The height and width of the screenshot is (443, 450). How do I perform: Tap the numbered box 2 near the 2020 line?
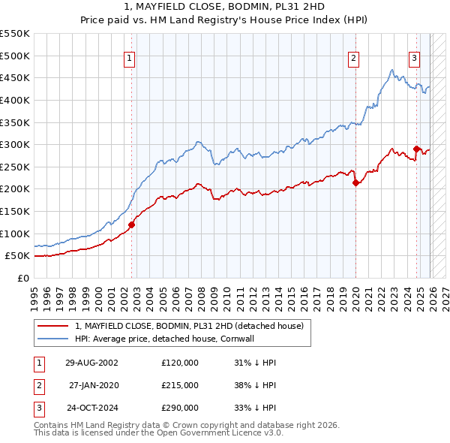(353, 58)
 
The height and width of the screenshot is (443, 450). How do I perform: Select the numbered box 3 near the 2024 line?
(414, 58)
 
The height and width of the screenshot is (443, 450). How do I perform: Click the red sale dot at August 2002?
(131, 224)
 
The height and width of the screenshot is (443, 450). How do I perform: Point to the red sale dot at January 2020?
(355, 182)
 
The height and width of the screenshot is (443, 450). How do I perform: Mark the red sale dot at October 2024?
(416, 149)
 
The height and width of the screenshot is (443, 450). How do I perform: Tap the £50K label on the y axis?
(18, 256)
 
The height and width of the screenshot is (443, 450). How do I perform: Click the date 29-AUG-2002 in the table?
(91, 363)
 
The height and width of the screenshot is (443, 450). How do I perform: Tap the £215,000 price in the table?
(180, 385)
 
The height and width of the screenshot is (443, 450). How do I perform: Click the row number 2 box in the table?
(38, 385)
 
